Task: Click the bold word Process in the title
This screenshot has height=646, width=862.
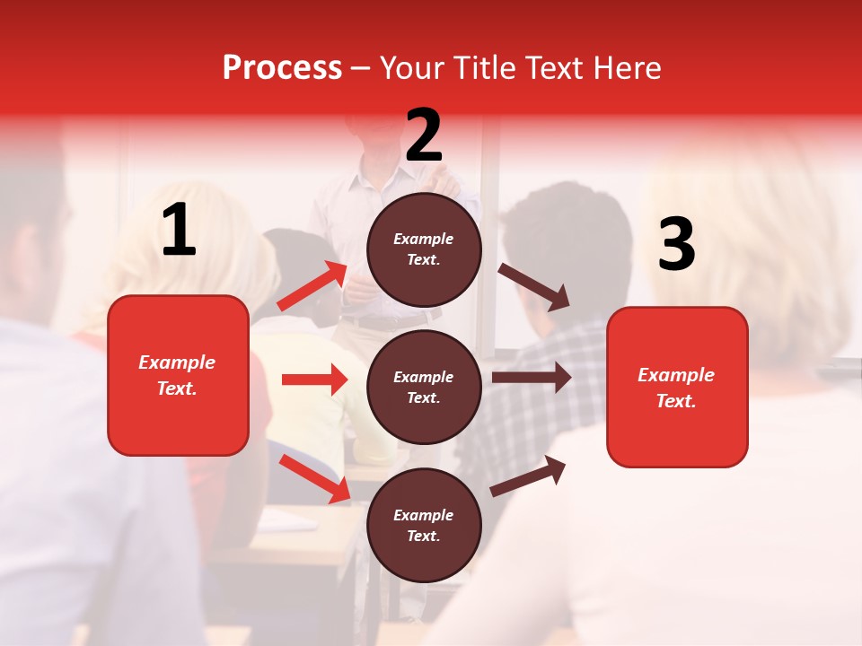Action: point(282,68)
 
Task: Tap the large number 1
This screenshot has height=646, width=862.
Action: point(179,231)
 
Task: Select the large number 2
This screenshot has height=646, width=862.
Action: point(424,135)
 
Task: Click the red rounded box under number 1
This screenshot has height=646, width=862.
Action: point(178,375)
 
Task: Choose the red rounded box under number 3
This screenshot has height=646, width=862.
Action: point(677,387)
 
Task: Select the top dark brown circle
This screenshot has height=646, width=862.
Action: point(424,249)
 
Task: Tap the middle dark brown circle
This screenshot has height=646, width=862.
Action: point(424,387)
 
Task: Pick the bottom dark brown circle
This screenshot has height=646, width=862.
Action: point(424,525)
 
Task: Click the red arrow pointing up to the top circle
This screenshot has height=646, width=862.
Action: point(312,285)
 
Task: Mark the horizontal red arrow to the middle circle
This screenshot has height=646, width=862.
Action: point(314,380)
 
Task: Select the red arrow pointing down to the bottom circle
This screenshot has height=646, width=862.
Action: point(315,478)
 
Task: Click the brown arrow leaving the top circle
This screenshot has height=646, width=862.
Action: point(534,286)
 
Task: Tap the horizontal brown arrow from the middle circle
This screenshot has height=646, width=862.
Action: point(532,377)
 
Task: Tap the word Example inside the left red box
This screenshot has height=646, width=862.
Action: point(177,362)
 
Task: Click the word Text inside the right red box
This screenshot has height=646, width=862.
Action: point(676,401)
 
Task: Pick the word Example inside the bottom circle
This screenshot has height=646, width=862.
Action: point(424,515)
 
